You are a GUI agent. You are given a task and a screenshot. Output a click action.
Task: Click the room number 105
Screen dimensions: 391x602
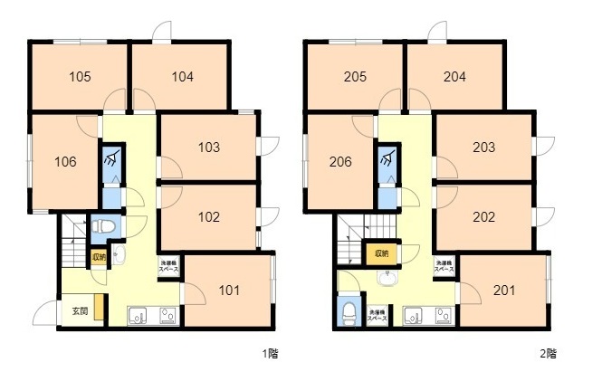click(81, 77)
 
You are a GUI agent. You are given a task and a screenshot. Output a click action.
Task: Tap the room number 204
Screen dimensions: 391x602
click(454, 77)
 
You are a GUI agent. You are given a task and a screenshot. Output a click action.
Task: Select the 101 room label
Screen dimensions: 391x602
click(230, 291)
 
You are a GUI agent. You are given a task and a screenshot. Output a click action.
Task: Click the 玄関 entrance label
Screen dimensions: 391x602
click(80, 312)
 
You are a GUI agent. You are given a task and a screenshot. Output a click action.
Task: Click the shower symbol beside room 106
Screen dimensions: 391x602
click(110, 161)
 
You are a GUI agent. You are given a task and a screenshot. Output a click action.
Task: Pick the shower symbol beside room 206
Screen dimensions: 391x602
click(387, 161)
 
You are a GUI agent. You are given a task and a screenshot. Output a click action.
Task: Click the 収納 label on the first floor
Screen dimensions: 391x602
click(98, 256)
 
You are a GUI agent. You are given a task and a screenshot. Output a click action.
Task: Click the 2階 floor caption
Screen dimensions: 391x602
click(547, 353)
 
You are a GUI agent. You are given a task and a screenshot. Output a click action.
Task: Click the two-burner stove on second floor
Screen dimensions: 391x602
click(444, 316)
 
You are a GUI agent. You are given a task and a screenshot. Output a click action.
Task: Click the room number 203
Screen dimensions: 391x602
click(483, 147)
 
